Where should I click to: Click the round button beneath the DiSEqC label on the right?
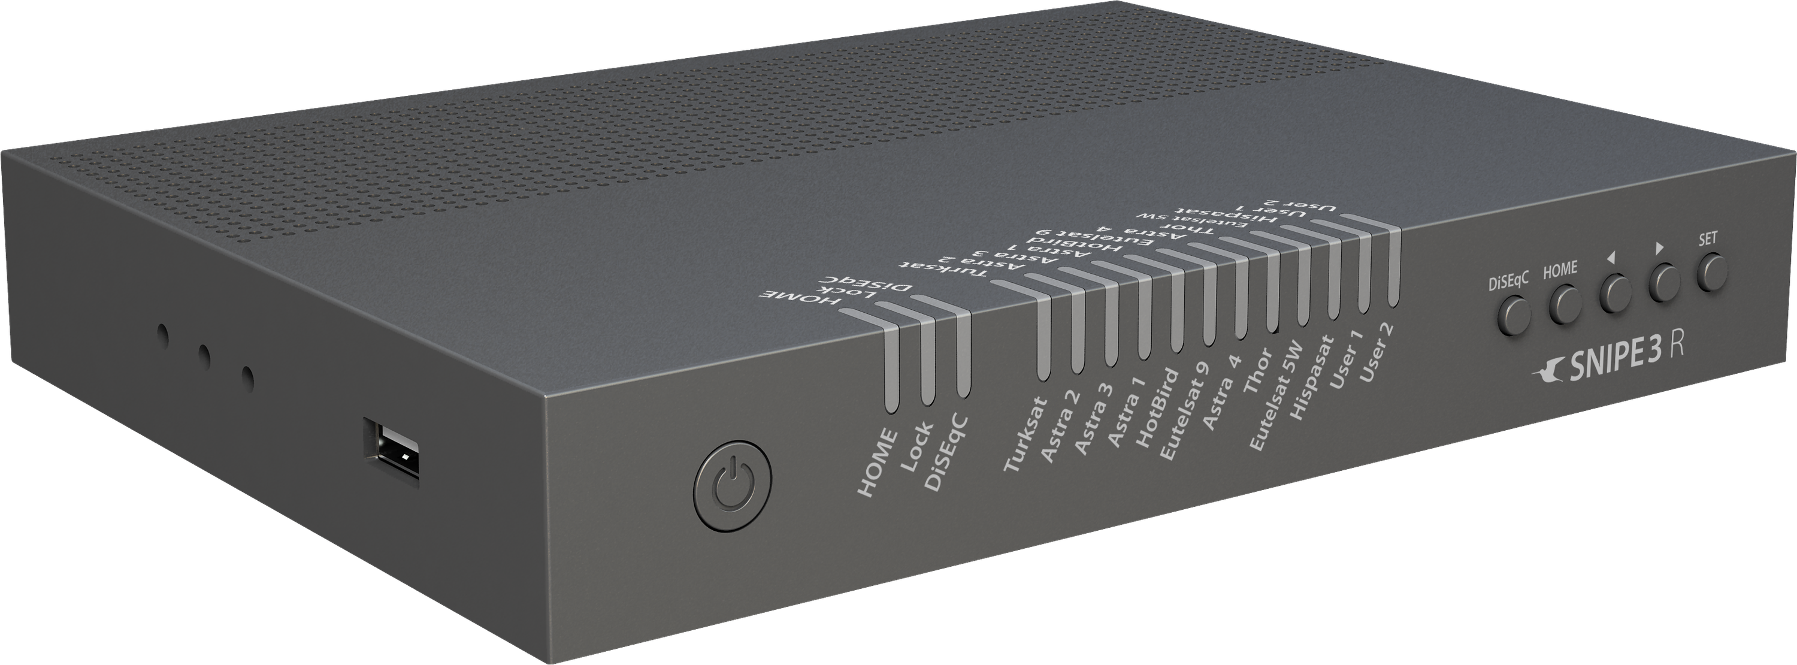click(x=1513, y=315)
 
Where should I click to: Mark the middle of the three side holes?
click(x=204, y=356)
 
